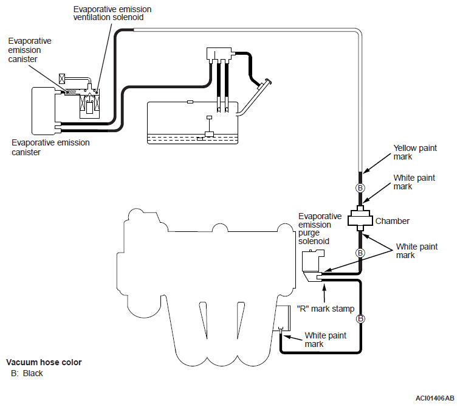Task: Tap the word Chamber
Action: pyautogui.click(x=392, y=221)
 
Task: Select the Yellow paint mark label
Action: pyautogui.click(x=415, y=152)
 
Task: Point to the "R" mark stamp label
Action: pyautogui.click(x=326, y=309)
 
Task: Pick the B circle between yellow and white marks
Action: pyautogui.click(x=360, y=187)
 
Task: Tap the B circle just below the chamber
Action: pyautogui.click(x=360, y=253)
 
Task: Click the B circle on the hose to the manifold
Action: pyautogui.click(x=360, y=318)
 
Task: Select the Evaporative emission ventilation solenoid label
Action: pyautogui.click(x=112, y=13)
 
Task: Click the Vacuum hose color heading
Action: pyautogui.click(x=44, y=362)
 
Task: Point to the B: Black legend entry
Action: pyautogui.click(x=27, y=373)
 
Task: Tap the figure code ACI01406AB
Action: pyautogui.click(x=434, y=398)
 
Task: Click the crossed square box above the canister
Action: pyautogui.click(x=62, y=79)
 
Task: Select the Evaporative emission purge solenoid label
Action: pyautogui.click(x=320, y=228)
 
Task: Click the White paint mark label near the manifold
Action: pyautogui.click(x=325, y=340)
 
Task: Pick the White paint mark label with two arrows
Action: pyautogui.click(x=417, y=251)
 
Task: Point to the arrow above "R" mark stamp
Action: pyautogui.click(x=324, y=293)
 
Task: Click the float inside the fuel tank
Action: pyautogui.click(x=209, y=134)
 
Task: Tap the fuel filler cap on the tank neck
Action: pyautogui.click(x=268, y=82)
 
